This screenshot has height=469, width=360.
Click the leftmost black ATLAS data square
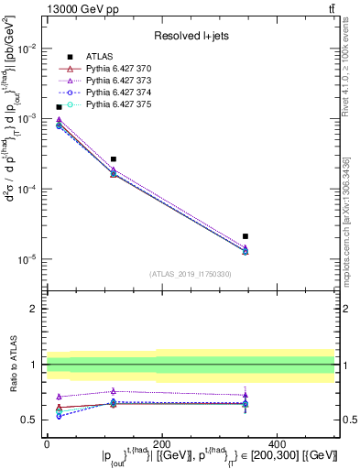pos(60,107)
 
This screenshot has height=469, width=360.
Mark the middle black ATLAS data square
pos(114,159)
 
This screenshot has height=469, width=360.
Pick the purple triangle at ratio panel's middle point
pos(114,391)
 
